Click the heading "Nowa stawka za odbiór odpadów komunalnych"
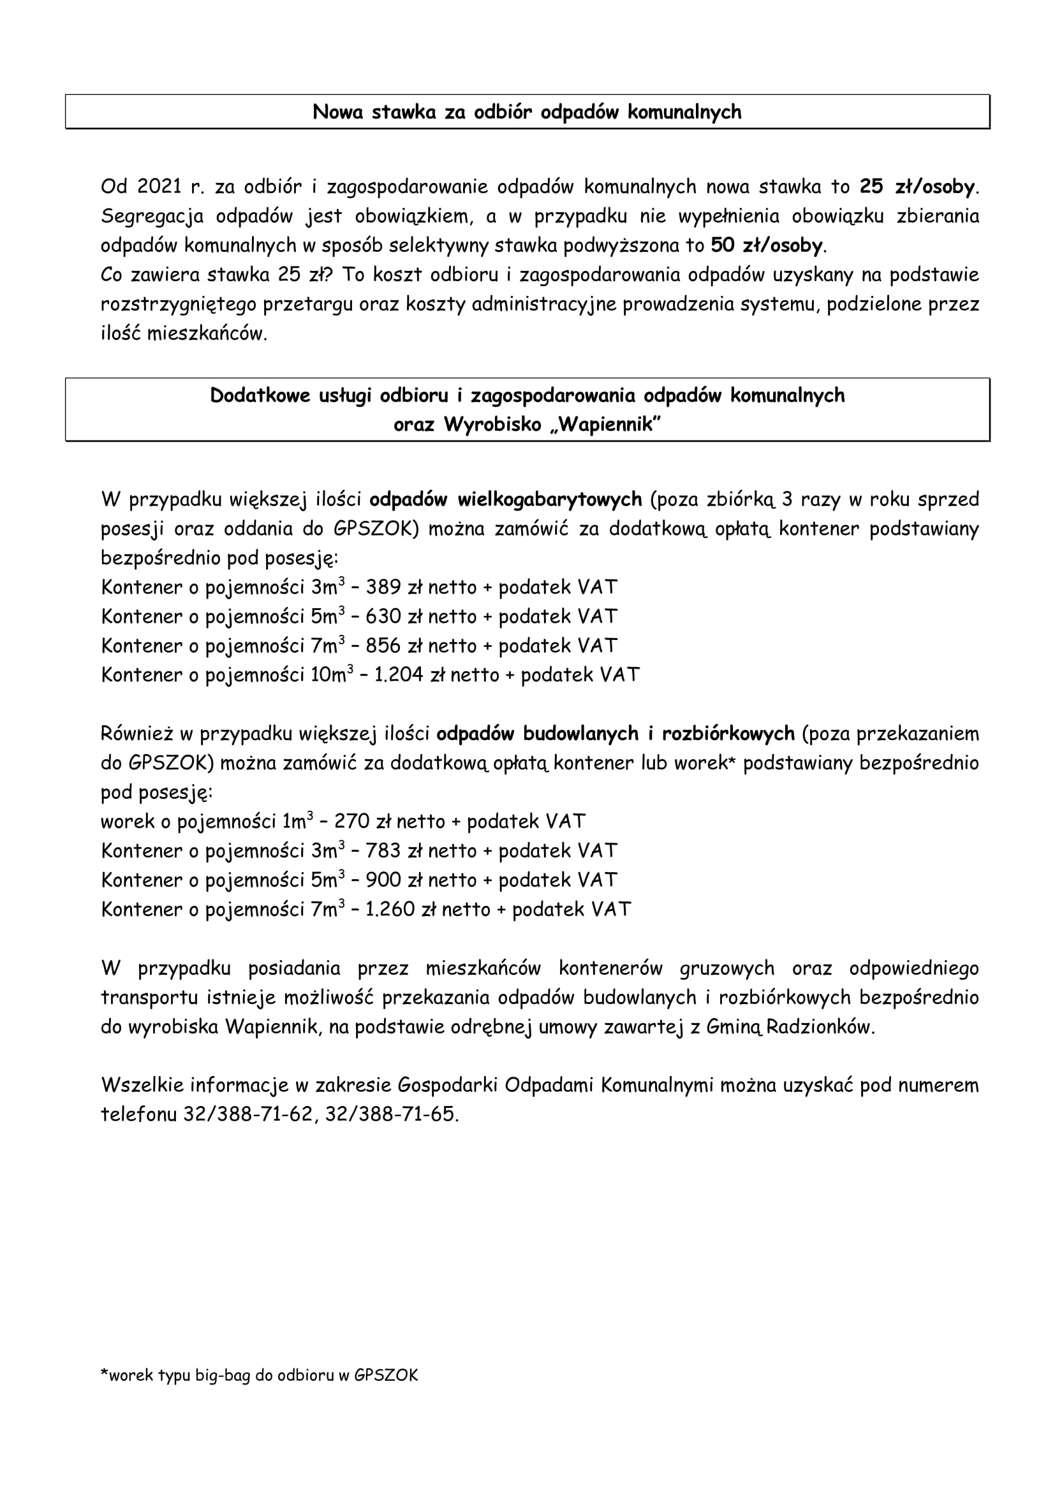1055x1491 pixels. pos(527,112)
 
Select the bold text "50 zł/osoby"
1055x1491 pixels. pos(766,245)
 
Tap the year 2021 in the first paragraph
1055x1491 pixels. pos(159,187)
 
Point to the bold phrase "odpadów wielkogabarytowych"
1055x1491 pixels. pos(505,499)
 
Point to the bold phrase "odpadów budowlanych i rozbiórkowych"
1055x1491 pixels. pos(615,734)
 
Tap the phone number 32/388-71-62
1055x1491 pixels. pos(250,1114)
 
